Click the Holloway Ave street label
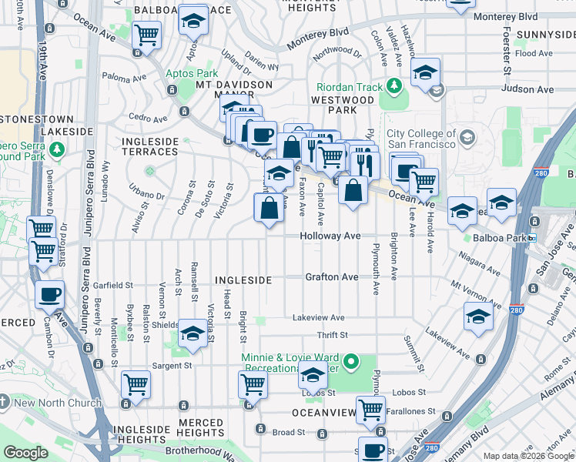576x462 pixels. [330, 236]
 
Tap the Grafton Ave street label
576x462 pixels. [331, 276]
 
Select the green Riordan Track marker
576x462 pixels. [394, 85]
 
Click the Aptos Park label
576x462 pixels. [186, 74]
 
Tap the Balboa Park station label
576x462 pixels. [499, 239]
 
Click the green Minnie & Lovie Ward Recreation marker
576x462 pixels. [351, 360]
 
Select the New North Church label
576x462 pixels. [58, 403]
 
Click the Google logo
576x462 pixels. [25, 453]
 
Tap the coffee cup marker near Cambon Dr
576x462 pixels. [50, 294]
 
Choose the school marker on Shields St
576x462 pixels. [192, 333]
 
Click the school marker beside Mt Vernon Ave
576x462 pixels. [477, 316]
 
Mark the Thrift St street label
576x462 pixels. [333, 336]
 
